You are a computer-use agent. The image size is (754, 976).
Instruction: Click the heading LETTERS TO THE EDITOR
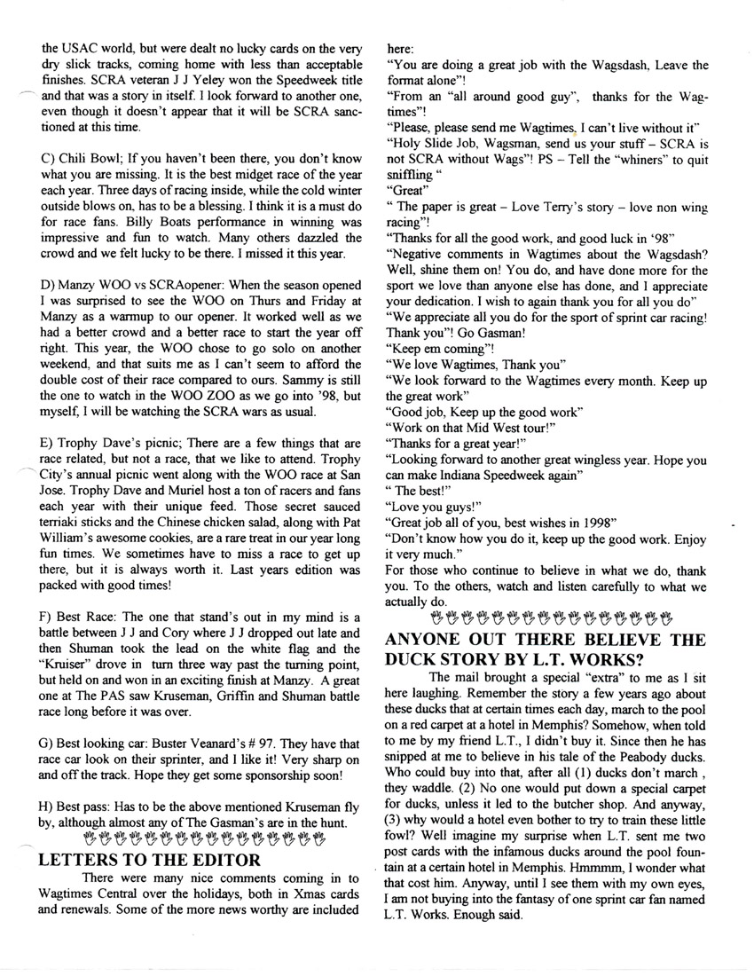151,859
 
